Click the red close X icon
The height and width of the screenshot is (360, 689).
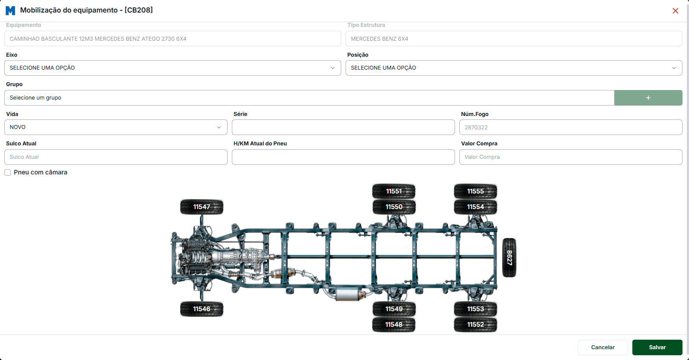tap(675, 11)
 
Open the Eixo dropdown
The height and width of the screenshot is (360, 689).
tap(173, 67)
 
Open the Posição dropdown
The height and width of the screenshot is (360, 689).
tap(514, 67)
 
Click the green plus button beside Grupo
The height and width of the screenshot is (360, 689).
tap(648, 98)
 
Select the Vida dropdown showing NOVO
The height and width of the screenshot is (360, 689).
tap(115, 127)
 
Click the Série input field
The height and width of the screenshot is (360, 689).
tap(343, 127)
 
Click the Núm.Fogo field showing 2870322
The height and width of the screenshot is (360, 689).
tap(570, 127)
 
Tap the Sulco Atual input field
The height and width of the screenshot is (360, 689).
tap(115, 157)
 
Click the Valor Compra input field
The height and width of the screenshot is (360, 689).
tap(570, 157)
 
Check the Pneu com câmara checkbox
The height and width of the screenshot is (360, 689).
tap(8, 172)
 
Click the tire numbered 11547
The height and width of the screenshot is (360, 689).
tap(202, 207)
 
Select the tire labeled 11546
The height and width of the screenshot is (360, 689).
tap(202, 309)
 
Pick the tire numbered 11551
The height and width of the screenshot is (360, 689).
tap(394, 191)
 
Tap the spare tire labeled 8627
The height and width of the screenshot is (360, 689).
tap(510, 257)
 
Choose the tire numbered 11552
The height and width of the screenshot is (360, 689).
tap(475, 325)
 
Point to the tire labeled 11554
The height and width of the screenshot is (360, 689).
tap(475, 207)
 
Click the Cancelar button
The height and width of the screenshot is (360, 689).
tap(602, 347)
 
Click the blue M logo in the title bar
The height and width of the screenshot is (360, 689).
tap(10, 10)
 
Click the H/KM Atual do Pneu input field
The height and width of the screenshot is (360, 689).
tap(343, 157)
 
